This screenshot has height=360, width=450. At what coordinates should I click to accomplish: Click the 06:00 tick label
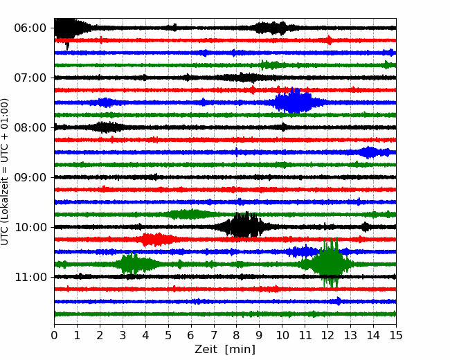pos(30,28)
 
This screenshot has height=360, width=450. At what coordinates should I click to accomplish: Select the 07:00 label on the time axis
pos(30,78)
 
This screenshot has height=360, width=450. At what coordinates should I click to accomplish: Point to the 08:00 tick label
pos(30,127)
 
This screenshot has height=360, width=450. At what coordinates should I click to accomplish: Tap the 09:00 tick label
pos(30,177)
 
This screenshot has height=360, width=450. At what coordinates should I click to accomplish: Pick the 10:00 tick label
pos(30,227)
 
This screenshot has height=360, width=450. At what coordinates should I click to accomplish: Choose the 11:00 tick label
pos(30,277)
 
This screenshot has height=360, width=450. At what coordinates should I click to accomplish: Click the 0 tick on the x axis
pos(54,335)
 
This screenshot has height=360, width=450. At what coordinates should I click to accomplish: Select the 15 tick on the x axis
pos(396,335)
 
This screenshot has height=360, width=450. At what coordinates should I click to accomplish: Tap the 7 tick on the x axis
pos(214,335)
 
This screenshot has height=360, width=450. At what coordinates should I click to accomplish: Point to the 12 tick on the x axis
pos(327,335)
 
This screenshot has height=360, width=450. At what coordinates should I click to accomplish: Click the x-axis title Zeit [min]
pos(225,350)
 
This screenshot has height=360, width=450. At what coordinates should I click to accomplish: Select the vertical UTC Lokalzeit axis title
pos(5,172)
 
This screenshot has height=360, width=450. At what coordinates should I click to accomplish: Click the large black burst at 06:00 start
pos(66,29)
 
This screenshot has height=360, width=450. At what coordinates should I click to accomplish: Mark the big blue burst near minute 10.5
pos(294,101)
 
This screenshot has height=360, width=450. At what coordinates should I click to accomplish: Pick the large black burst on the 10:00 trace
pos(244,226)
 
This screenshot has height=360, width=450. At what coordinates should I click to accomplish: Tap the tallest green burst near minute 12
pos(330,262)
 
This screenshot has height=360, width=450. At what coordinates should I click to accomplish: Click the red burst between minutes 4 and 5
pos(156,240)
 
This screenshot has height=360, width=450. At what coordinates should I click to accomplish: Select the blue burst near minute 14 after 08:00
pos(370,152)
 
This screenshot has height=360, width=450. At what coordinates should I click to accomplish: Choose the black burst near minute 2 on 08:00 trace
pos(105,127)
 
